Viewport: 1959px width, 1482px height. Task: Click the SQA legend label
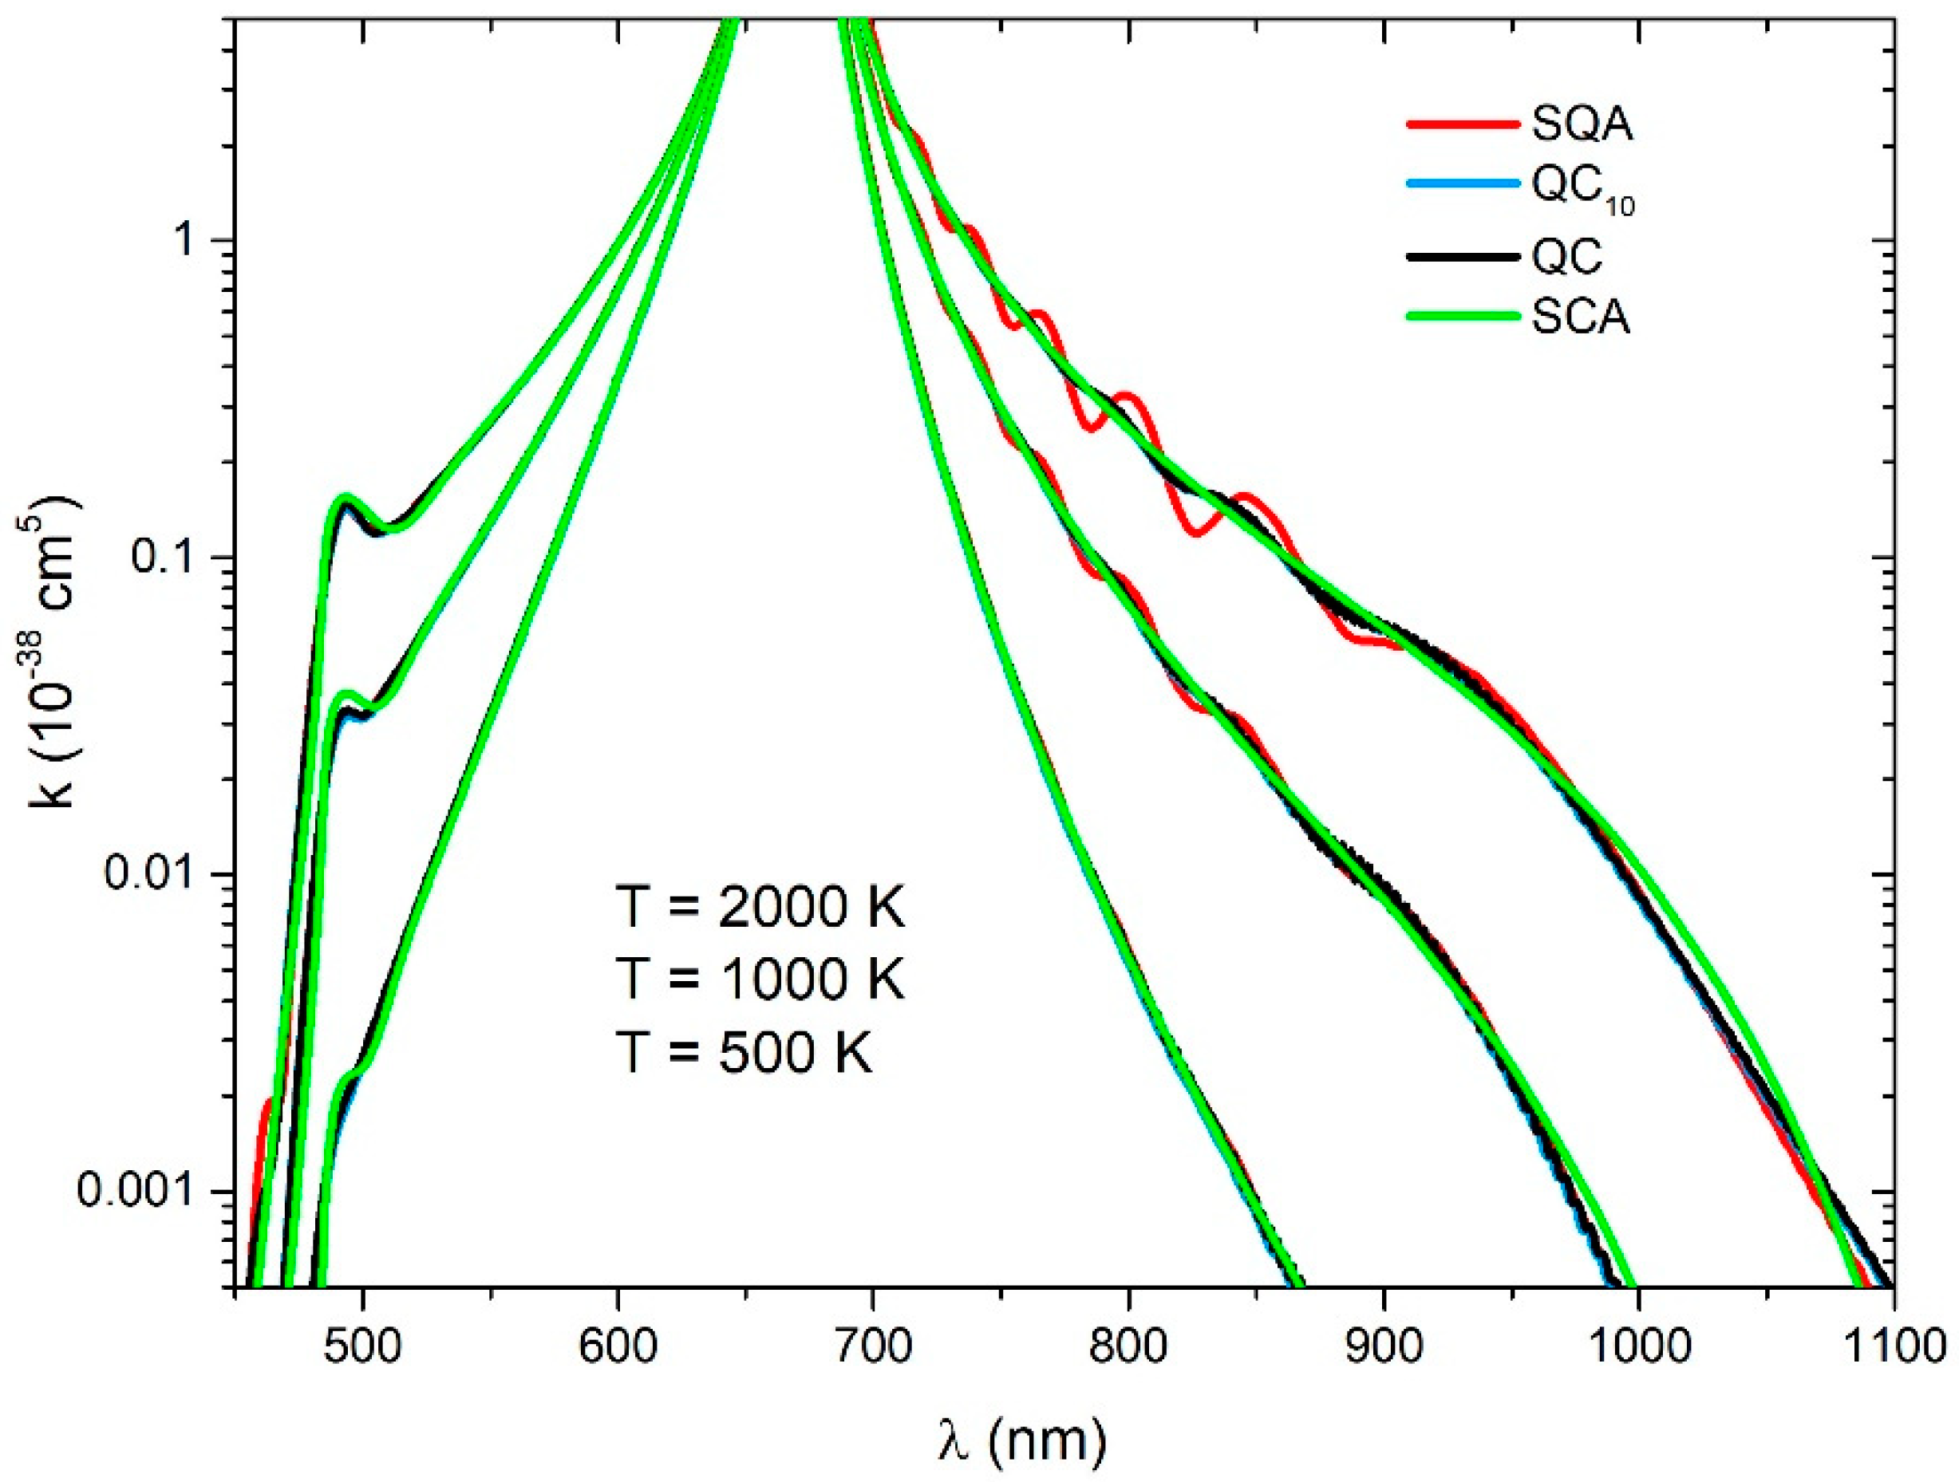click(x=1582, y=126)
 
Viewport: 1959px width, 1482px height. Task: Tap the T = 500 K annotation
click(x=744, y=1054)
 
